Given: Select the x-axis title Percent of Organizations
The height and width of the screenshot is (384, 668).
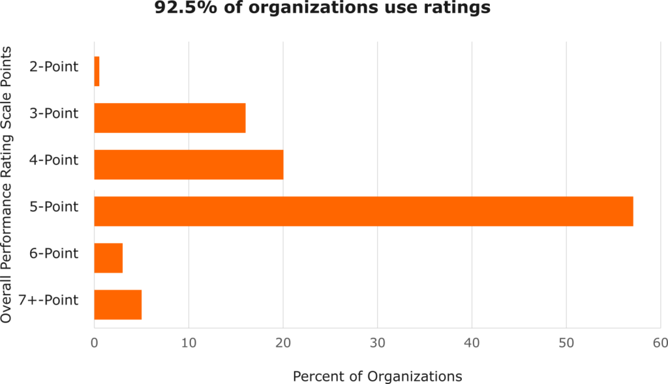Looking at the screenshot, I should pyautogui.click(x=377, y=376).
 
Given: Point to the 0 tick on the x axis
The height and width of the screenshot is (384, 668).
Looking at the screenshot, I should pyautogui.click(x=95, y=343).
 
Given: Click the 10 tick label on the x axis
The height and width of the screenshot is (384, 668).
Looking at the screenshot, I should pyautogui.click(x=189, y=343).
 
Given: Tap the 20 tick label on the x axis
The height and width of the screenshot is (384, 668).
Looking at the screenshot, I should pyautogui.click(x=282, y=343).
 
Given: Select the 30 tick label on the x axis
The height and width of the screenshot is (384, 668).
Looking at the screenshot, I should pyautogui.click(x=377, y=343).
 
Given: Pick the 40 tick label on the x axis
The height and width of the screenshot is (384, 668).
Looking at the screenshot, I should pyautogui.click(x=472, y=343).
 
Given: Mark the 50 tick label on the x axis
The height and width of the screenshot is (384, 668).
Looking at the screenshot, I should pyautogui.click(x=566, y=343).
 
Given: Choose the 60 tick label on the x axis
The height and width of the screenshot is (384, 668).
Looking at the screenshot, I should pyautogui.click(x=660, y=343).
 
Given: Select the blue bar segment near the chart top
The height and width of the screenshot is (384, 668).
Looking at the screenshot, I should pyautogui.click(x=144, y=95).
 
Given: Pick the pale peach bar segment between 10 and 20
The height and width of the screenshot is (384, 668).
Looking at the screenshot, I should pyautogui.click(x=235, y=141).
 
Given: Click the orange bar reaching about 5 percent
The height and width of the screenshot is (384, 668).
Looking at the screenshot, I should pyautogui.click(x=118, y=304).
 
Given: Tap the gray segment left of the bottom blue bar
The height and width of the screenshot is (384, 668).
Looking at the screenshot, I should pyautogui.click(x=118, y=323).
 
